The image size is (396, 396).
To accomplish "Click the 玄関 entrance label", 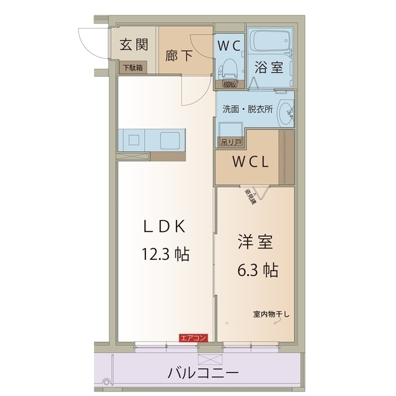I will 134,45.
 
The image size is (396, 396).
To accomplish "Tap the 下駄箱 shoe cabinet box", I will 132,67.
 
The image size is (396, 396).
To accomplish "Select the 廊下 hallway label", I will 179,54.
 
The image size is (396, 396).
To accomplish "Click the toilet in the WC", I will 230,66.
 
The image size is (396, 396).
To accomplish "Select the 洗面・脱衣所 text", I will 247,108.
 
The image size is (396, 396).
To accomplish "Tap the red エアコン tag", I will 193,338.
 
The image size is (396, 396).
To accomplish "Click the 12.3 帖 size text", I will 165,254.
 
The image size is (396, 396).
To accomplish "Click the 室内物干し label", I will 271,314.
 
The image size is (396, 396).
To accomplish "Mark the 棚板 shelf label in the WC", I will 230,84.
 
